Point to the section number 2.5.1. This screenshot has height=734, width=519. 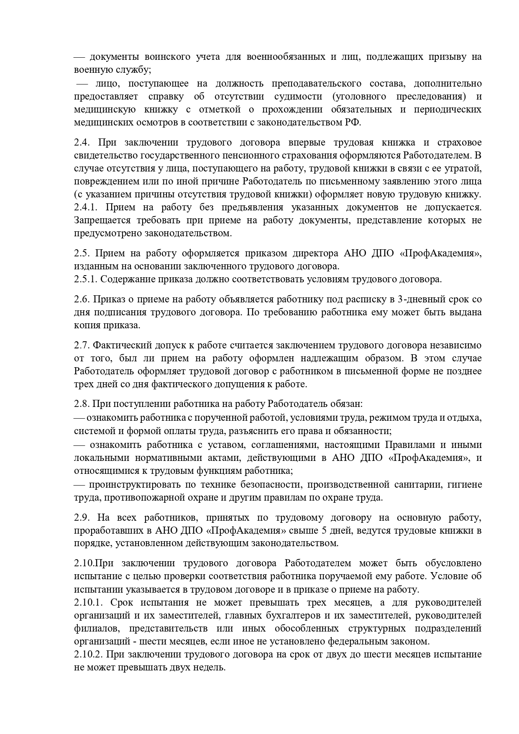point(85,279)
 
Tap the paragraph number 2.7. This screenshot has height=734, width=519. point(82,345)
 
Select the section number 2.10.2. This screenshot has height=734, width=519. point(87,654)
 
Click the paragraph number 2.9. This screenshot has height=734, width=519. point(82,518)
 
